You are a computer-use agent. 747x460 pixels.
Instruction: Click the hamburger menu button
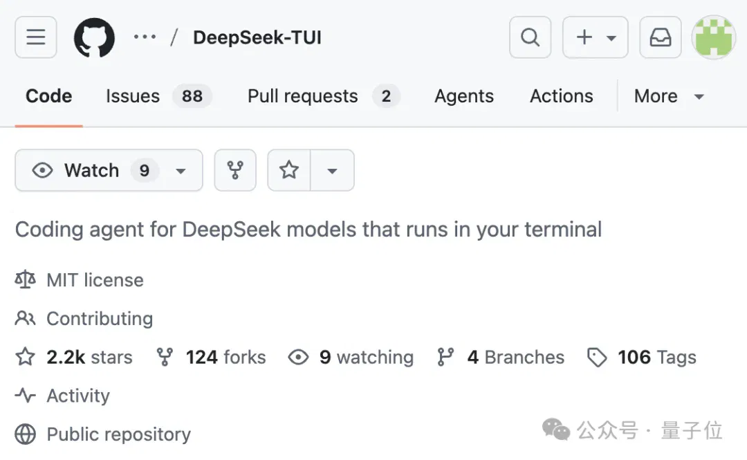pos(36,37)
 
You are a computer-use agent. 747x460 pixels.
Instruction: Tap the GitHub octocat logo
pos(94,37)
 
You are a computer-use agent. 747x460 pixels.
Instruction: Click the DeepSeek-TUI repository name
pos(257,37)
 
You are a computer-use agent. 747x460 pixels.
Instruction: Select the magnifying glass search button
pos(531,37)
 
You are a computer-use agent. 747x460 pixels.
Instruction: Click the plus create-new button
pos(595,37)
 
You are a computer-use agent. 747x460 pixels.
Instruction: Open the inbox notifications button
pos(661,37)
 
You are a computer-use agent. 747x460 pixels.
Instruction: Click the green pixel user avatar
pos(714,37)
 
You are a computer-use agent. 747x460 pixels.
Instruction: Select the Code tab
pos(48,96)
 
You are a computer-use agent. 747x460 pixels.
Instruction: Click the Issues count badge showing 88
pos(192,96)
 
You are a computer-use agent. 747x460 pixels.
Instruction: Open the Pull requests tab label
pos(302,96)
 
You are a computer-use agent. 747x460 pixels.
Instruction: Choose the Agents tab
pos(464,96)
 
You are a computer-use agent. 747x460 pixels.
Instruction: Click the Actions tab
pos(562,96)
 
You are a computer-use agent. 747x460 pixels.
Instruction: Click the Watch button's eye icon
pos(42,170)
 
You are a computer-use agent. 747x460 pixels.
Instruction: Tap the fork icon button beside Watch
pos(235,170)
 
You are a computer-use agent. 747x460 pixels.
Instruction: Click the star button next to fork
pos(289,170)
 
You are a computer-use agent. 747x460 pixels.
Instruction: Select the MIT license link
pos(95,280)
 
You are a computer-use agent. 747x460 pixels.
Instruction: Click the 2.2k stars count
pos(89,357)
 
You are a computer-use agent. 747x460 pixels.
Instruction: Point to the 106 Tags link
pos(657,357)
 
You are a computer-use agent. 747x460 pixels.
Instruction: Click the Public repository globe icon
pos(26,434)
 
